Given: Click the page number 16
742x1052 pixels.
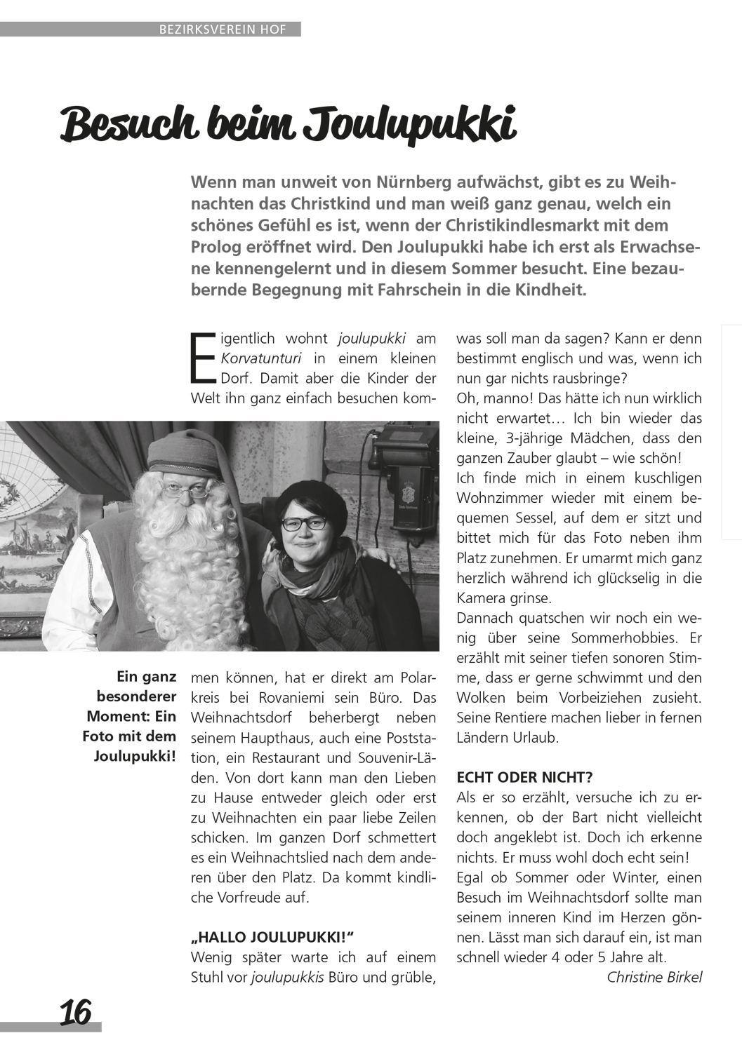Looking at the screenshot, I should [x=76, y=1012].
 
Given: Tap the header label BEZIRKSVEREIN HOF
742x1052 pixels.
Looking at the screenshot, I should [x=223, y=29].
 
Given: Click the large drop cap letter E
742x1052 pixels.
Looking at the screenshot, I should [x=203, y=357].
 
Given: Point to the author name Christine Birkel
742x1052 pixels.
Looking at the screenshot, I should [x=654, y=977].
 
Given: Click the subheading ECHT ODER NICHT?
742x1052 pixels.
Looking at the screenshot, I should [x=524, y=777].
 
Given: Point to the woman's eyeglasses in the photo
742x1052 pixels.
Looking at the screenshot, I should [x=305, y=522].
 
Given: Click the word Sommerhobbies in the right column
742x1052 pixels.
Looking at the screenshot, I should [x=614, y=638].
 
